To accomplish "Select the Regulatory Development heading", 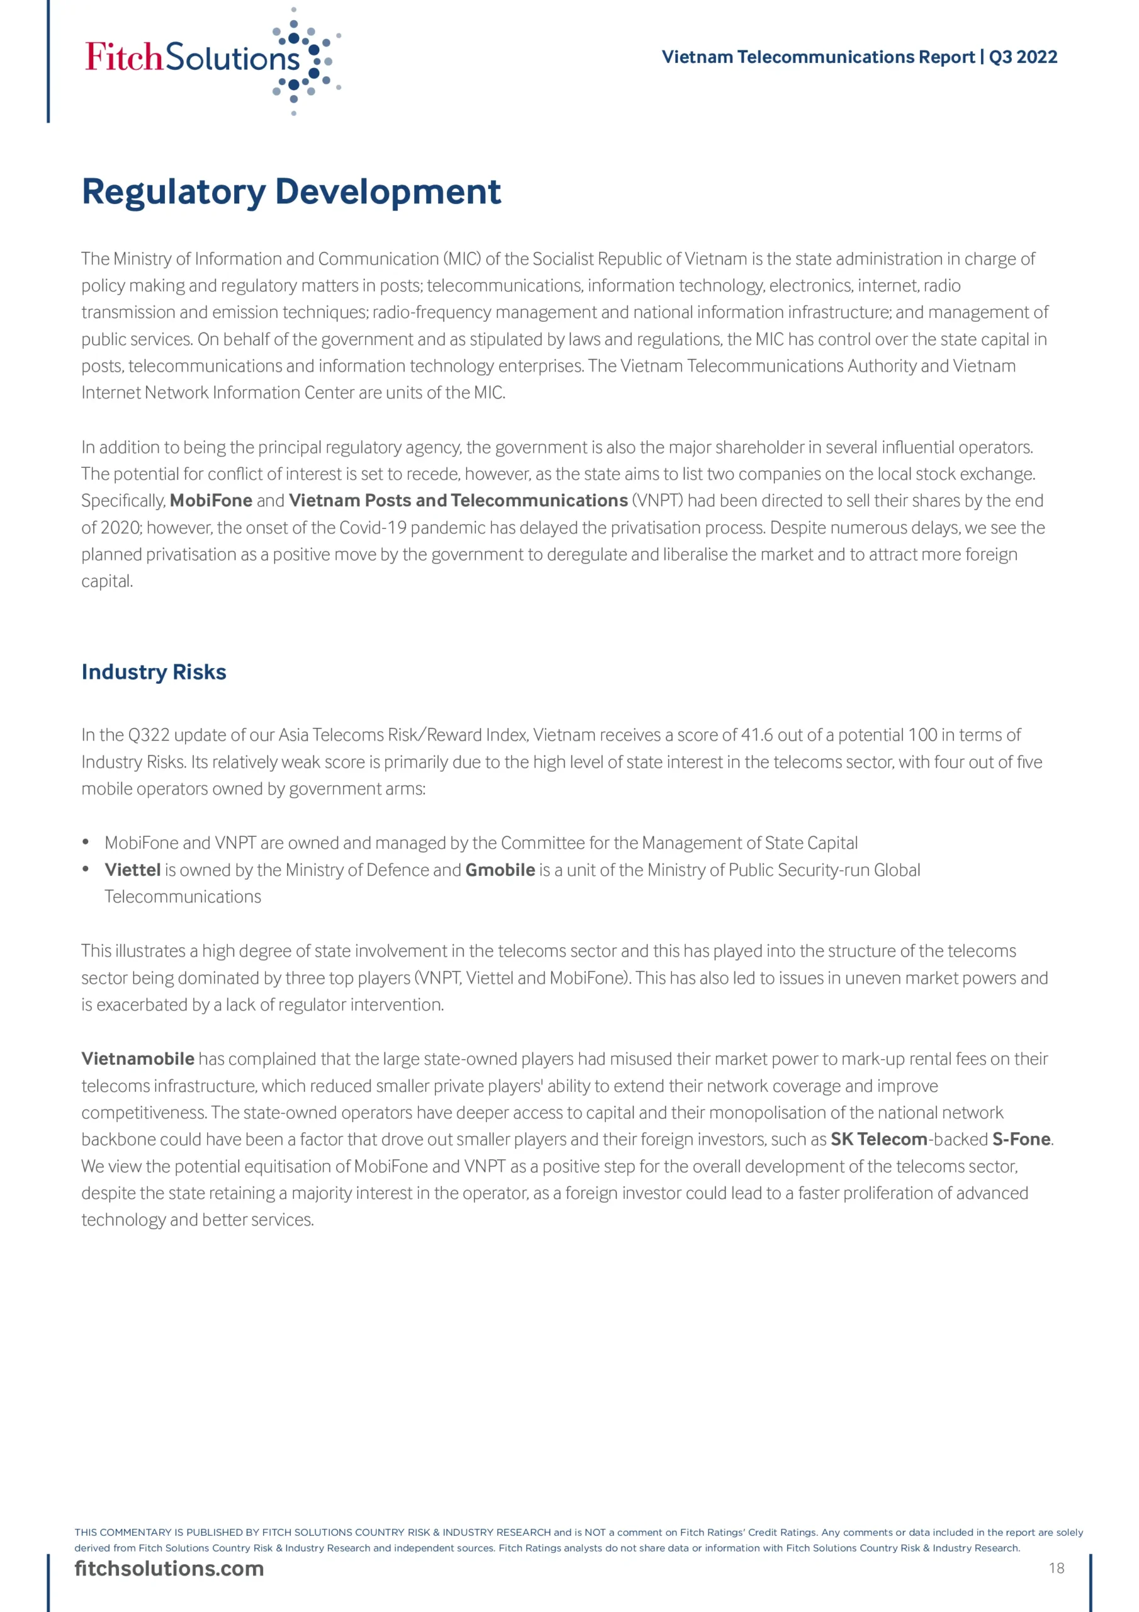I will point(291,191).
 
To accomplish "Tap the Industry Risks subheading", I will point(154,672).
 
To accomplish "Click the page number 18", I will point(1056,1568).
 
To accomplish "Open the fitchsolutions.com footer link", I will point(169,1569).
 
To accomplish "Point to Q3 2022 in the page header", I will point(1023,57).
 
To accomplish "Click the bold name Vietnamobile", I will point(138,1059).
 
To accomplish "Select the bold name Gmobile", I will point(500,870).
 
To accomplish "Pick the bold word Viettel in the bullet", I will point(133,870).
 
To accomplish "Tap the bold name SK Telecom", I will point(878,1139).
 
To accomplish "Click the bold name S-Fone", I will point(1021,1139).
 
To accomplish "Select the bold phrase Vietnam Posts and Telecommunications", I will point(457,501).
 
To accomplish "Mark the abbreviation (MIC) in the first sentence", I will point(462,259).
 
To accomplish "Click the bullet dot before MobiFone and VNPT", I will point(86,842).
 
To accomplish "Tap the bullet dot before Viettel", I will point(86,869).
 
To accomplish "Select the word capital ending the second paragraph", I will point(107,581).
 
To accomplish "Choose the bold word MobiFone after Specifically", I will point(211,501).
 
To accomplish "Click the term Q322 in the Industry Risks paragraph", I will point(149,735).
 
